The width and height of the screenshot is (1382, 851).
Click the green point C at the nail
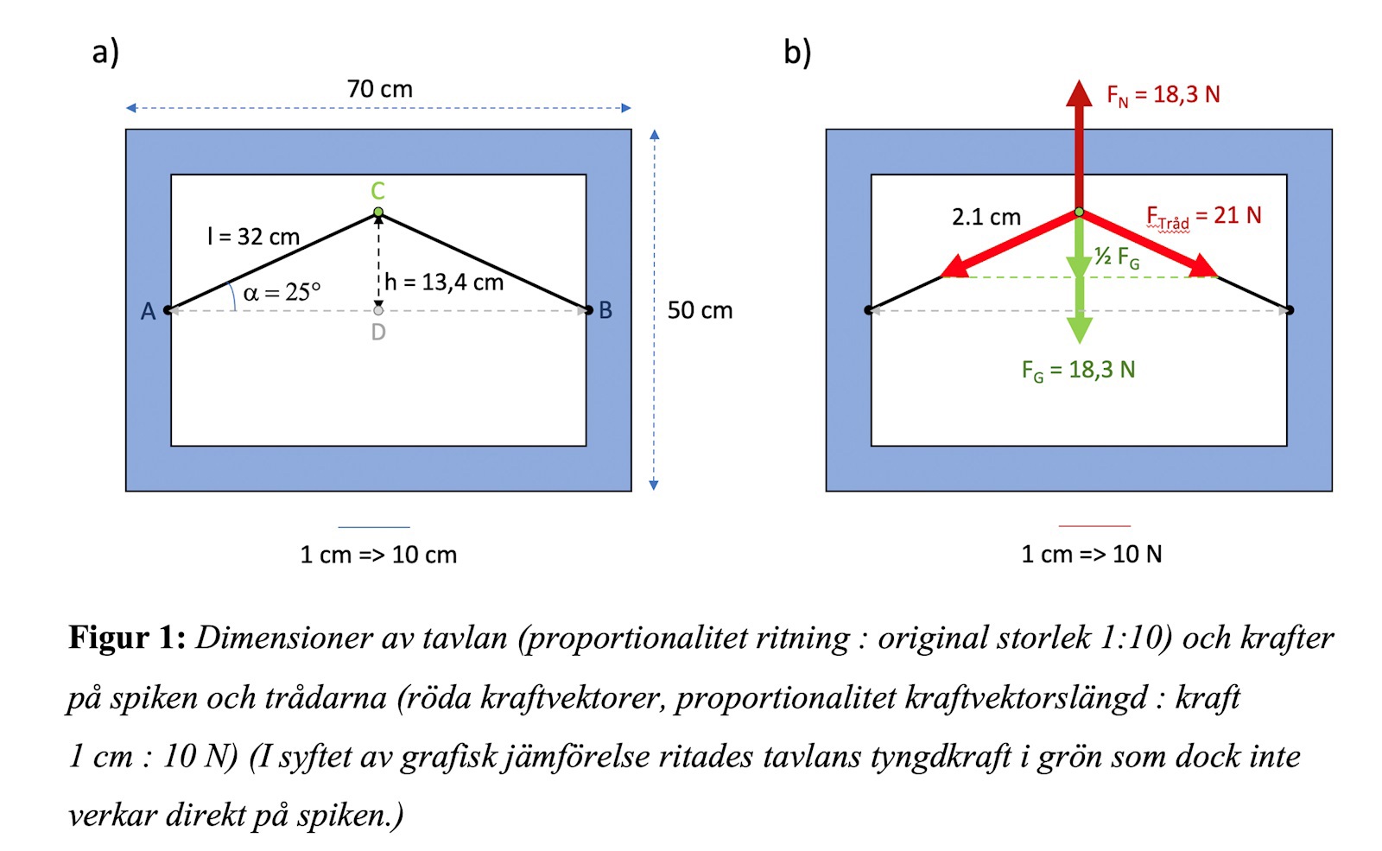click(x=378, y=212)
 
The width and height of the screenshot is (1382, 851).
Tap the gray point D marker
click(x=378, y=310)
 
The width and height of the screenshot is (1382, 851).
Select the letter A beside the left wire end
click(x=149, y=311)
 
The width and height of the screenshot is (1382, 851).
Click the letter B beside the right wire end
click(x=605, y=310)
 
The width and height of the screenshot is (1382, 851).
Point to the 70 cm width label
click(x=380, y=89)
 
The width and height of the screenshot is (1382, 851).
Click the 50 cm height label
click(x=700, y=310)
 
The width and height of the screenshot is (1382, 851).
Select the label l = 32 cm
click(x=254, y=237)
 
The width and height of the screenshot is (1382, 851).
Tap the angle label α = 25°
click(x=282, y=293)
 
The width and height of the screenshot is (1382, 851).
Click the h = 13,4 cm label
click(x=444, y=283)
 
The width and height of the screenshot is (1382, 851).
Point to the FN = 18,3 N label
click(x=1163, y=95)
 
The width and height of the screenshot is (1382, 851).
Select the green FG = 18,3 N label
click(x=1078, y=371)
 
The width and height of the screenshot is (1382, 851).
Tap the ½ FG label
click(x=1117, y=257)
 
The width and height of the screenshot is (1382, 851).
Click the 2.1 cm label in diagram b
click(x=986, y=217)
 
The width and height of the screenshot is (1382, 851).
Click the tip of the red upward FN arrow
click(x=1079, y=83)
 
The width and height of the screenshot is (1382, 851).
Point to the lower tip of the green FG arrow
click(x=1079, y=341)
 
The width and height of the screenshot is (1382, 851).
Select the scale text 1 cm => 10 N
click(x=1092, y=554)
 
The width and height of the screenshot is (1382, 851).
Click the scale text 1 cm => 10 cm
click(x=378, y=555)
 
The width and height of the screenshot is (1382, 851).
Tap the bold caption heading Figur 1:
click(x=127, y=638)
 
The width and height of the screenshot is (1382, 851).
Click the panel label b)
click(x=797, y=52)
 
